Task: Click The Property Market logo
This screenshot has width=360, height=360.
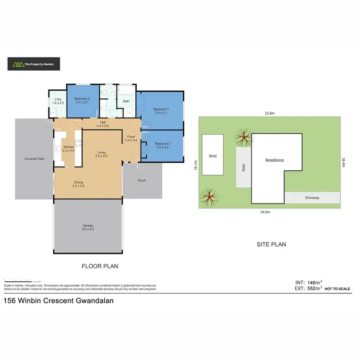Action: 33,63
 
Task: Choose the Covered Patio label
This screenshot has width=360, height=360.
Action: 35,158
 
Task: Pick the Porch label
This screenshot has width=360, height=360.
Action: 142,180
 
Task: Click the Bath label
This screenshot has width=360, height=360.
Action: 126,101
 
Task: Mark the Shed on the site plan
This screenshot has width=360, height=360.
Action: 213,156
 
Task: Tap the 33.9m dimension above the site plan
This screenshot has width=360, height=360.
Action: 269,113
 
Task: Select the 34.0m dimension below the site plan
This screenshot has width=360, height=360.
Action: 264,212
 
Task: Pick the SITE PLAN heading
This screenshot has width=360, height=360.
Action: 272,244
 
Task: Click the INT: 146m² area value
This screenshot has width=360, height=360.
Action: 308,283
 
